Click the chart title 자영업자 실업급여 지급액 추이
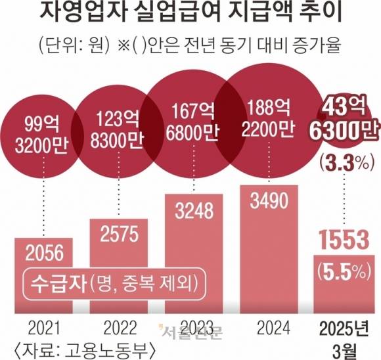[x=190, y=14]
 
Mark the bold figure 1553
[x=344, y=240]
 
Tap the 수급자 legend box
[x=112, y=281]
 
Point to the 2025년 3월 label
[x=344, y=334]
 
